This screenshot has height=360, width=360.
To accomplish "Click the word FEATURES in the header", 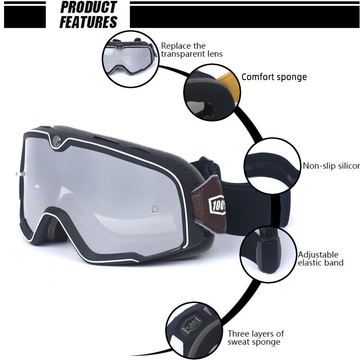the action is click(x=88, y=22).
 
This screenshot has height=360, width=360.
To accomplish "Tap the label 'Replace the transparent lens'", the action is click(x=192, y=49).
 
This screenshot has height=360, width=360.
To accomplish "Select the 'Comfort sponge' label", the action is click(x=274, y=77).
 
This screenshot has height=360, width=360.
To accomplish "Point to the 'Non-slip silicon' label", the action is click(x=331, y=166).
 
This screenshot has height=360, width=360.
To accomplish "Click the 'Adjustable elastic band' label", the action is click(x=320, y=259).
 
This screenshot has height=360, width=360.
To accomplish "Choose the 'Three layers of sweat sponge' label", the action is click(x=255, y=337).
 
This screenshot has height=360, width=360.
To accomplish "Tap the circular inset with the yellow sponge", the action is click(x=210, y=92).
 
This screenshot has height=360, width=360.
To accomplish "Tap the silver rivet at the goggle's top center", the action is click(x=56, y=141).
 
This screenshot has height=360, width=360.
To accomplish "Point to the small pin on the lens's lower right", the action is click(x=154, y=209).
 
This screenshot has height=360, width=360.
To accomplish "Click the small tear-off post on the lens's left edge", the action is click(x=18, y=173).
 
